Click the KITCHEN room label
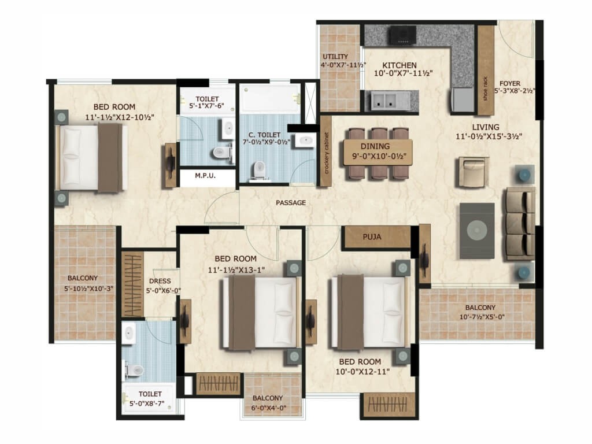399,65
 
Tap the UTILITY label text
335,57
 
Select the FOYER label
510,83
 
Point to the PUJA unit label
372,237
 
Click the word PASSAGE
291,203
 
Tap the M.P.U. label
205,176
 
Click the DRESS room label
160,281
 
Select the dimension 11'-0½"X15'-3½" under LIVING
489,136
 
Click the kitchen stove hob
403,35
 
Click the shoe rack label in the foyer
486,88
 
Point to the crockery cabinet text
327,153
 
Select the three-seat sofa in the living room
520,224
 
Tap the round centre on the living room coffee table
477,231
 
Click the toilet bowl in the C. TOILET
259,170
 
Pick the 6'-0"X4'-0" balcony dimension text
268,408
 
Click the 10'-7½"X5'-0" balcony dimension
482,317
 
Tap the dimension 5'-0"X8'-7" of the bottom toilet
147,403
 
